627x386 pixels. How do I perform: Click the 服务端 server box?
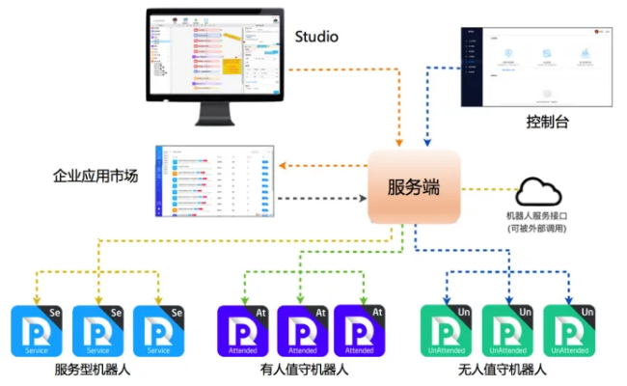pyautogui.click(x=413, y=187)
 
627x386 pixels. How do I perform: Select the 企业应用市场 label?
pyautogui.click(x=95, y=177)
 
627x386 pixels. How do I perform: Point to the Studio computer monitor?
pyautogui.click(x=214, y=58)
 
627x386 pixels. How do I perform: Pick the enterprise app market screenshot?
pyautogui.click(x=214, y=180)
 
